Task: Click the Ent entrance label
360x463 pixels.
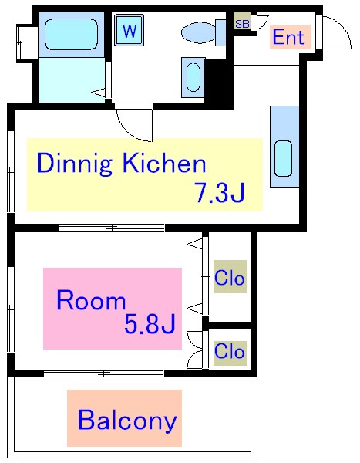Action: coord(288,37)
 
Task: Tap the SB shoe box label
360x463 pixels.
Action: coord(242,24)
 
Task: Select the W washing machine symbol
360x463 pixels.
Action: coord(130,30)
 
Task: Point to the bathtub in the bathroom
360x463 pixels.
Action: coord(71,34)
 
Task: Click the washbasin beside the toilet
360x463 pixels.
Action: coord(193,77)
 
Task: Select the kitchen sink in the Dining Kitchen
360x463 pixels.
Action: coord(283,158)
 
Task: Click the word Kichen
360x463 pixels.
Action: coord(163,164)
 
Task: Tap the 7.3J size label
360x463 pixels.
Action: coord(220,192)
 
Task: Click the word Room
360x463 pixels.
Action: coord(91,300)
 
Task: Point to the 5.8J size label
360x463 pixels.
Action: coord(150,323)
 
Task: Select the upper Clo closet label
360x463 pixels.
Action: coord(230,278)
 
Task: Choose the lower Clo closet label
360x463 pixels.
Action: coord(230,351)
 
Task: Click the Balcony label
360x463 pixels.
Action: coord(127,421)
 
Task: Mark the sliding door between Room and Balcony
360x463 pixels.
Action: coord(103,373)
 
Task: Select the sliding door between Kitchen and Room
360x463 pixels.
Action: coord(111,228)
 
